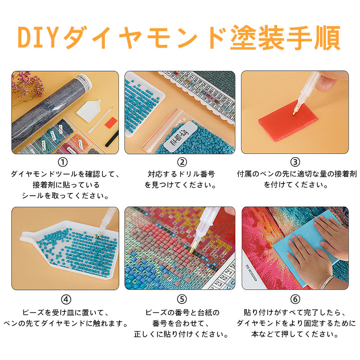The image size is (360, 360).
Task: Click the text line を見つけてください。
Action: tap(180, 184)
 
